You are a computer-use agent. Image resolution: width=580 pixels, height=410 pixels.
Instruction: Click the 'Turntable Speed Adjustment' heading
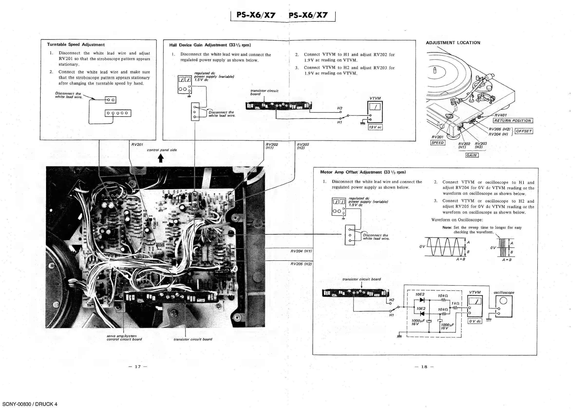click(76, 45)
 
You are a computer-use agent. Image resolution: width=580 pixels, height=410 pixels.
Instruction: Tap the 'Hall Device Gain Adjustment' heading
click(210, 45)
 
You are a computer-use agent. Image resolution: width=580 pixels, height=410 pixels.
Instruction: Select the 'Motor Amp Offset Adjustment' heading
click(363, 172)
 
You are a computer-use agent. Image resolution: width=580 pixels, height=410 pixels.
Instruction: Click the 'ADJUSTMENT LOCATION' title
click(453, 43)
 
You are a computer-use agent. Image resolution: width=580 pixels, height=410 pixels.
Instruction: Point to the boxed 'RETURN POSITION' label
click(513, 121)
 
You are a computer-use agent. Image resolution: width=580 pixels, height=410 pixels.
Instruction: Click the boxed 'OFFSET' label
click(524, 131)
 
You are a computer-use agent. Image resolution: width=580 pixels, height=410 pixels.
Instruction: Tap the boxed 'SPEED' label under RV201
click(437, 143)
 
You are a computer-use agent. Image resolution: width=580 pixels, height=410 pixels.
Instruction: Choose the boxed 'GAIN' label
click(472, 155)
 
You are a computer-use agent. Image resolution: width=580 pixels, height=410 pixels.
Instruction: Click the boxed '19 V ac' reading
click(375, 127)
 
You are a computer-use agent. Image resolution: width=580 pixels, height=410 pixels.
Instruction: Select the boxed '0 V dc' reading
click(475, 321)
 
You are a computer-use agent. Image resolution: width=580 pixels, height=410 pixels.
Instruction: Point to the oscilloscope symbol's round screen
click(503, 301)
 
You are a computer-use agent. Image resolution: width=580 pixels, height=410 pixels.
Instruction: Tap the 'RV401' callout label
click(500, 115)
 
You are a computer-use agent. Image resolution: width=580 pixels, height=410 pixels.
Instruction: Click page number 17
click(138, 367)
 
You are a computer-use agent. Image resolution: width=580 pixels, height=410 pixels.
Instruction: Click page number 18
click(424, 367)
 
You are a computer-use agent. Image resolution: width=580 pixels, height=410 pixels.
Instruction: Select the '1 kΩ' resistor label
click(456, 303)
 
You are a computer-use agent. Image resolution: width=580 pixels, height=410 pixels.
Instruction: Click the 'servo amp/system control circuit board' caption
click(124, 338)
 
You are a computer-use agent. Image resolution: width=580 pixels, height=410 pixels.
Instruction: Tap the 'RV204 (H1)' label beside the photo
click(301, 251)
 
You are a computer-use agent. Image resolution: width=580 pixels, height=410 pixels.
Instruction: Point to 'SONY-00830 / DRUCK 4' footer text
click(30, 404)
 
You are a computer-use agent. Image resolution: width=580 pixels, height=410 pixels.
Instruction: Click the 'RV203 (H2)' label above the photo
click(303, 146)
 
